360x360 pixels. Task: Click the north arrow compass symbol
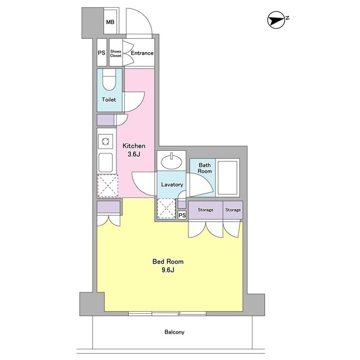(276, 20)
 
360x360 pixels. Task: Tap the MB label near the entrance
(110, 22)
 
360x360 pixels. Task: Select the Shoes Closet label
(115, 53)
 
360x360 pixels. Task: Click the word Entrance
(142, 53)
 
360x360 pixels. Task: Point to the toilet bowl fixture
(109, 80)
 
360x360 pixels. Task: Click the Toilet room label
(109, 100)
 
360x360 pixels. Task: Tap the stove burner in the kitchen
(105, 141)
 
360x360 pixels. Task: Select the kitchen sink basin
(105, 163)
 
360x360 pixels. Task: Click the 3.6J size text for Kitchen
(134, 154)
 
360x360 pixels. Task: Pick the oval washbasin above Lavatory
(171, 161)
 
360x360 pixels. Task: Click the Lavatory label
(172, 184)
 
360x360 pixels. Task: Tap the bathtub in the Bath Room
(227, 178)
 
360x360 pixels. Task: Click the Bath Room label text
(205, 168)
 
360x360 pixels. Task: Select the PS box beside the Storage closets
(182, 215)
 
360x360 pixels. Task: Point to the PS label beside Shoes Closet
(102, 53)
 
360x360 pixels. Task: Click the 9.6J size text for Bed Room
(168, 270)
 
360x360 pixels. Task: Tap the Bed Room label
(168, 262)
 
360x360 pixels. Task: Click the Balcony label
(174, 332)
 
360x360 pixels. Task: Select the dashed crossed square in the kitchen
(108, 186)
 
